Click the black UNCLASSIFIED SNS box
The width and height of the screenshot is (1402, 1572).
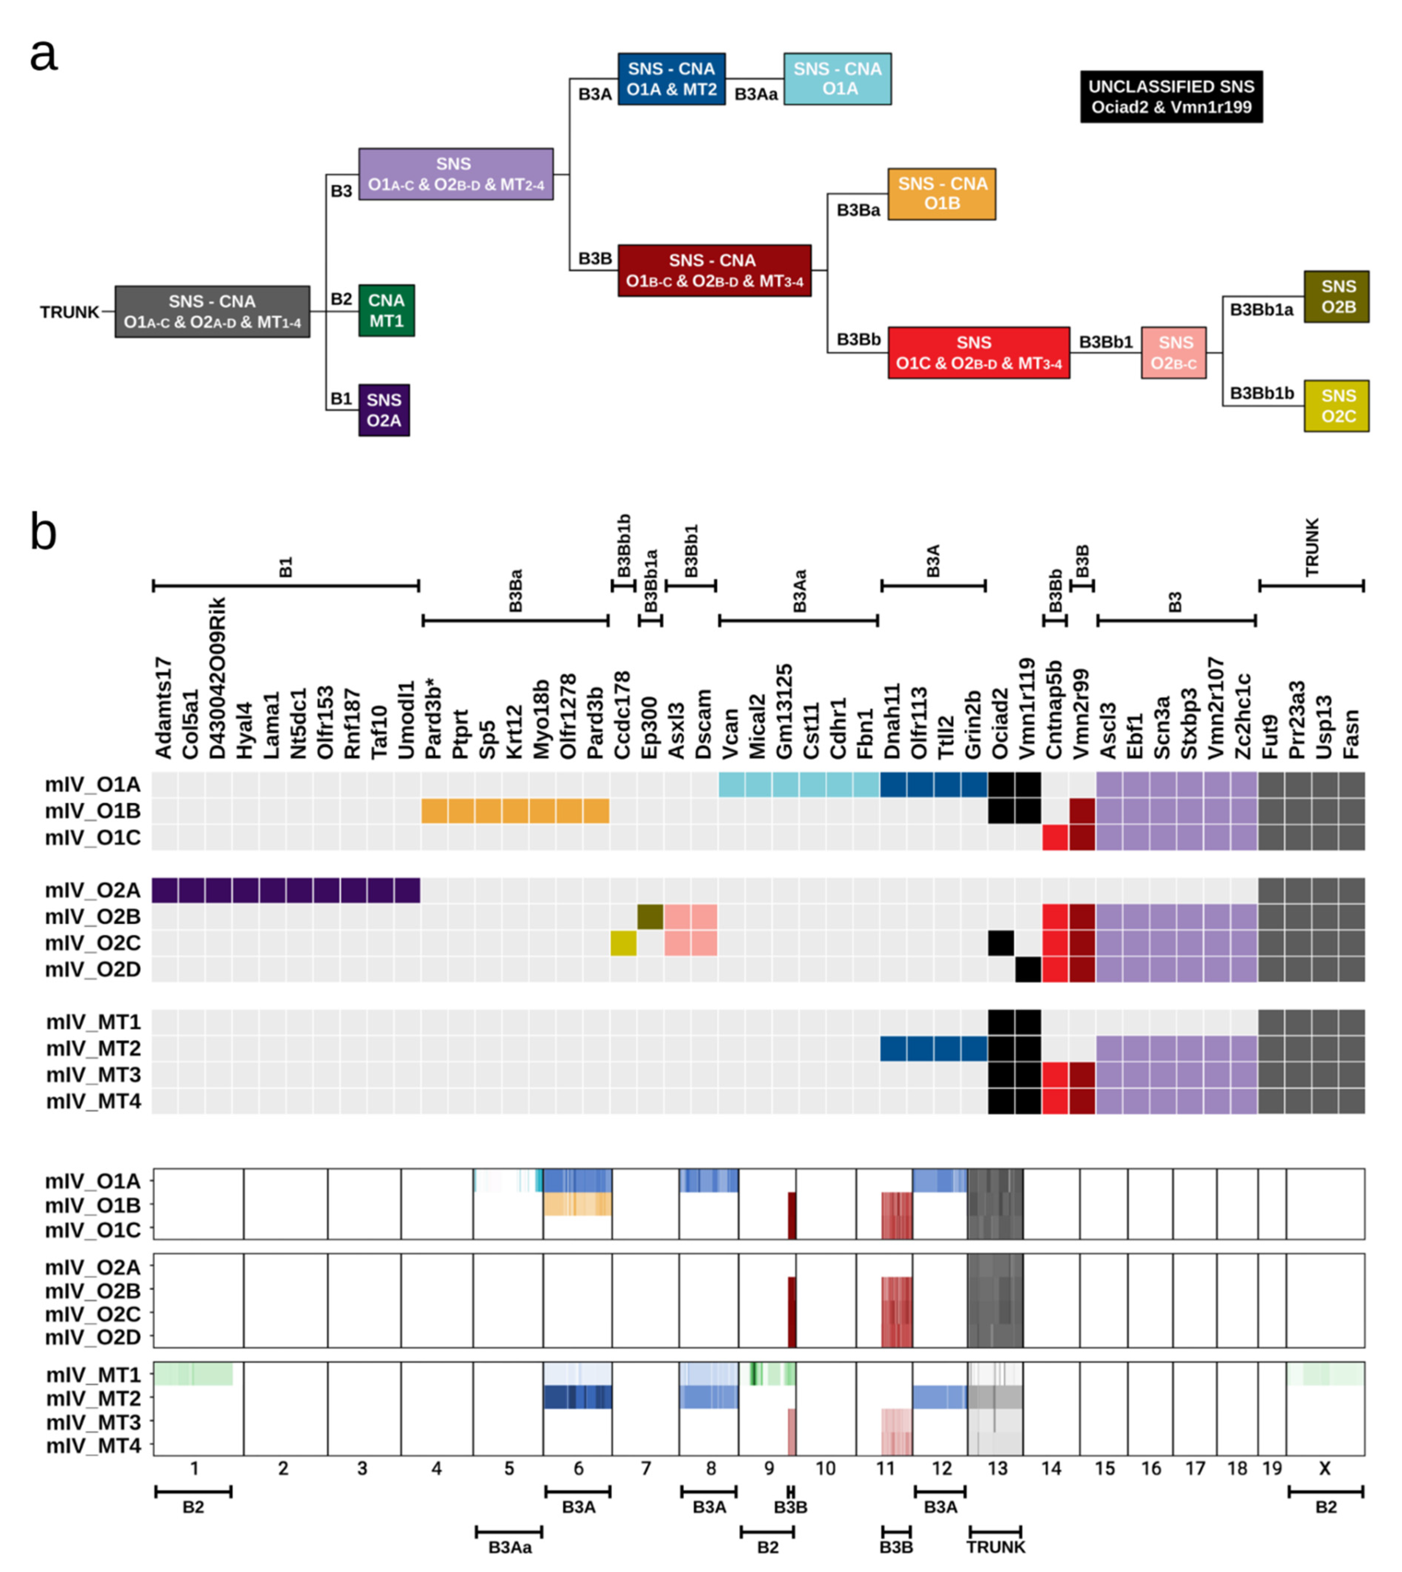pos(1171,96)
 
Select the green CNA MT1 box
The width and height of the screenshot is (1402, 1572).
pos(386,310)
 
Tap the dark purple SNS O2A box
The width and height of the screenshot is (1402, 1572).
pos(383,410)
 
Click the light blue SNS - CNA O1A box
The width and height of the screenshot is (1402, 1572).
pos(837,78)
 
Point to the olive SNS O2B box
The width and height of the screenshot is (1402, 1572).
pos(1336,297)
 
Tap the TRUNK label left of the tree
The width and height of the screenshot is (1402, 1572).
pos(69,312)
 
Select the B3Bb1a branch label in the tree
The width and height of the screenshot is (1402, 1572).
pos(1261,310)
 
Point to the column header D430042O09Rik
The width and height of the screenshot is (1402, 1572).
pos(218,678)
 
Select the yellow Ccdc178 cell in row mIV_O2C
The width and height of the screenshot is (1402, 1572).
pos(623,943)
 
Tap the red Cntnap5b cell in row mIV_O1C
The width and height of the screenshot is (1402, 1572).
pos(1055,838)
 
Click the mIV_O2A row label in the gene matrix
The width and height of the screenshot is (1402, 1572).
pos(93,891)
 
